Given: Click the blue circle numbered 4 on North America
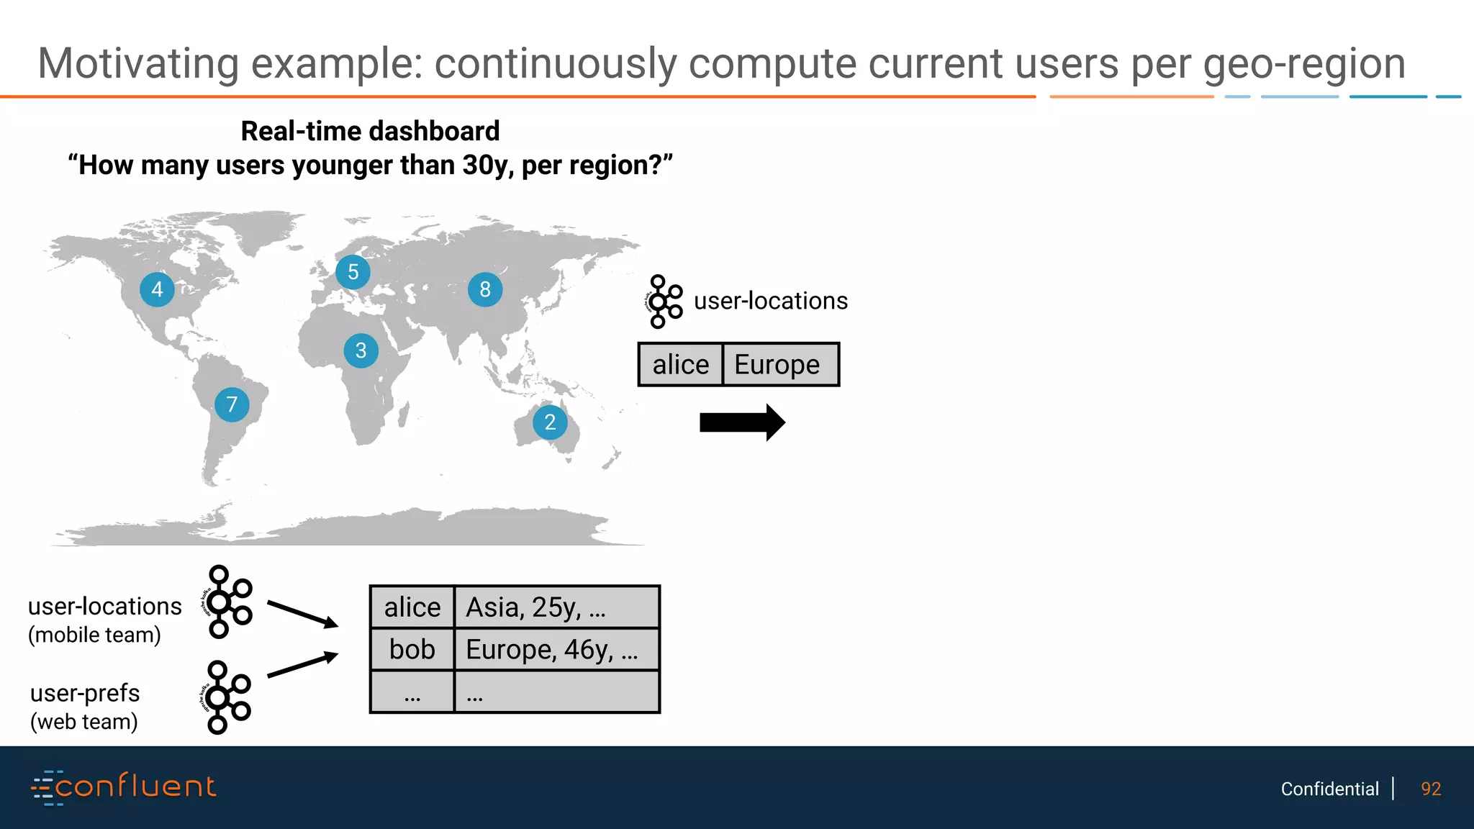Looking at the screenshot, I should tap(157, 289).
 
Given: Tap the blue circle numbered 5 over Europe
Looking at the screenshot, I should tap(353, 272).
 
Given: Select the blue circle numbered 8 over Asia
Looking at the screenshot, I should tap(485, 289).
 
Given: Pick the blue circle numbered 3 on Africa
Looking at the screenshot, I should tap(361, 350).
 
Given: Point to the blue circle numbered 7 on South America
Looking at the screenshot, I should tap(232, 404).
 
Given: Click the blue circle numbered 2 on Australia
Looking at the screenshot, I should tap(550, 422).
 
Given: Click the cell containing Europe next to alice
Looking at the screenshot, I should tap(780, 365).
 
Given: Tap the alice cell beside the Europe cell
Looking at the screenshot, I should tap(680, 365).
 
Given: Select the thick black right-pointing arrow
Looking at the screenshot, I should tap(742, 422).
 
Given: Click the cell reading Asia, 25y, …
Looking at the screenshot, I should tap(556, 607).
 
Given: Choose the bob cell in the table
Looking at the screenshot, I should tap(412, 650).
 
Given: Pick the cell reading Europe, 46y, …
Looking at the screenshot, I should tap(556, 650).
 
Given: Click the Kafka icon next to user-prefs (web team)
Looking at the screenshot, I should tap(225, 697).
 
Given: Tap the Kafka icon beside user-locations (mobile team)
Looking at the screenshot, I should tap(227, 602).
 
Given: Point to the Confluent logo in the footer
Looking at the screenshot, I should tap(124, 787).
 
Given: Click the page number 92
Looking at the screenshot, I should tap(1431, 789).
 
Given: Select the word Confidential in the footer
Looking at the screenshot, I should tap(1329, 789).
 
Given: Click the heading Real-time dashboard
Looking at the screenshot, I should tap(370, 132).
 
